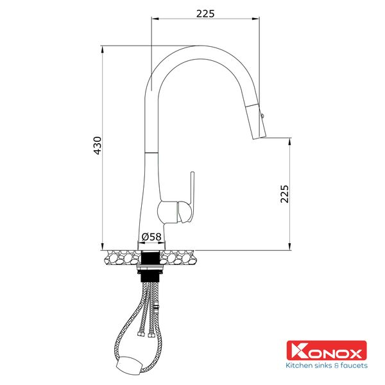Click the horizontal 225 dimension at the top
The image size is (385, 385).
pyautogui.click(x=205, y=13)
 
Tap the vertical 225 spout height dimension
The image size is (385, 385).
pyautogui.click(x=285, y=193)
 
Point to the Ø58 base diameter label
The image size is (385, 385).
pyautogui.click(x=151, y=237)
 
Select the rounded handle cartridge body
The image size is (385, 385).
pyautogui.click(x=175, y=210)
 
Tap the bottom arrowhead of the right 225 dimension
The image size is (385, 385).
pyautogui.click(x=289, y=247)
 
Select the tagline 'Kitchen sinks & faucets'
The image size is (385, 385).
pyautogui.click(x=327, y=366)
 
